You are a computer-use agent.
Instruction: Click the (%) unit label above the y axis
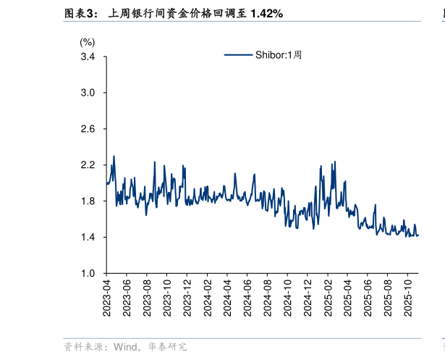tap(87, 43)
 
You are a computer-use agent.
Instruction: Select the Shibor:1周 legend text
tap(278, 54)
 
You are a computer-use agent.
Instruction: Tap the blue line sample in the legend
tap(237, 54)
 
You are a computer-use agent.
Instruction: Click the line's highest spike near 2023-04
tap(114, 156)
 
